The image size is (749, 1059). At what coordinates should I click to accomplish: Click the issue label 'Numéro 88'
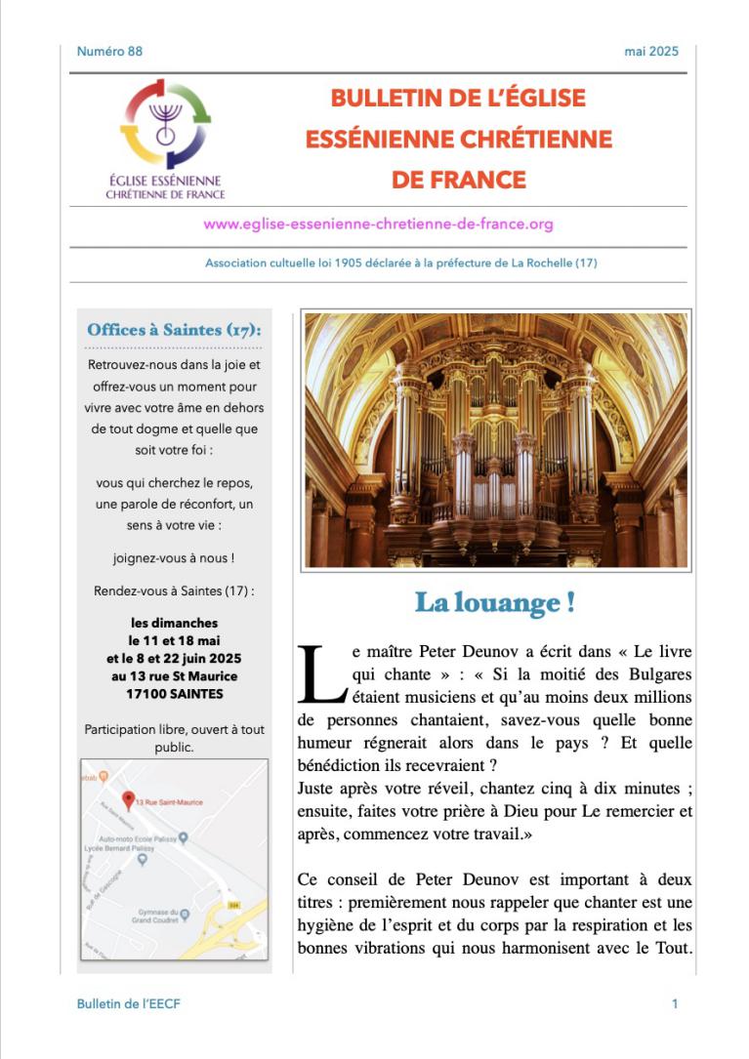coord(109,51)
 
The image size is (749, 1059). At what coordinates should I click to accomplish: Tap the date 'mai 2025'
coord(651,51)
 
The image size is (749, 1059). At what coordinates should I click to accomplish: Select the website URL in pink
coord(378,224)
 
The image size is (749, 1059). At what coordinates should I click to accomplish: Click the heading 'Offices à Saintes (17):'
coord(174,330)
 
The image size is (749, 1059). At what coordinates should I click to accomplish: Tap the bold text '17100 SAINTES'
coord(175,694)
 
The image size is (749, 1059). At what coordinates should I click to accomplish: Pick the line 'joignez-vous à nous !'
coord(174,558)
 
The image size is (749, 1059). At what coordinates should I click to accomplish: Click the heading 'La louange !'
coord(494,602)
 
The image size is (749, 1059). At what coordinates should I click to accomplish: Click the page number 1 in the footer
coord(675,1003)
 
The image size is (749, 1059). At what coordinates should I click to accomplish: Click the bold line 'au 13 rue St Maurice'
coord(175,675)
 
